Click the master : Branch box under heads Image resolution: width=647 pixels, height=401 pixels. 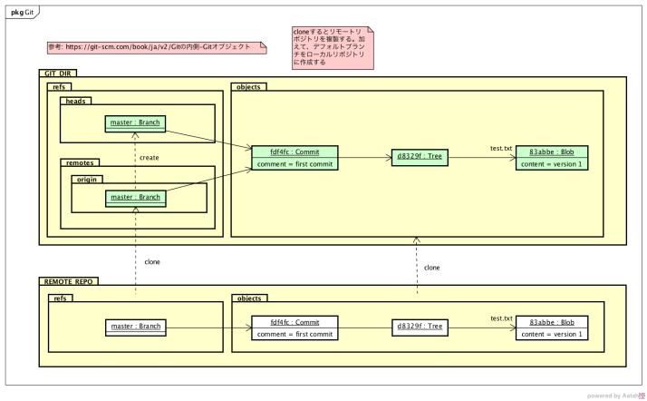coord(135,122)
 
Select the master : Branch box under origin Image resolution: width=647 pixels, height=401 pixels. coord(135,197)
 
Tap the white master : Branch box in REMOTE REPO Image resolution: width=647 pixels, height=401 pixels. coord(135,327)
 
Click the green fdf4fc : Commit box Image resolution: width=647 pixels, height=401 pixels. coord(296,156)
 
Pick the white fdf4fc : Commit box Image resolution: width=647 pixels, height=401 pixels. coord(296,327)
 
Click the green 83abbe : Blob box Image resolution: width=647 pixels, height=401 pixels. coord(551,156)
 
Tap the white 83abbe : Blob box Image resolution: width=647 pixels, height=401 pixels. coord(551,327)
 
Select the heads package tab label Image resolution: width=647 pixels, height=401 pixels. coord(74,102)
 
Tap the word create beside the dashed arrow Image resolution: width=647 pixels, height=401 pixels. coord(150,157)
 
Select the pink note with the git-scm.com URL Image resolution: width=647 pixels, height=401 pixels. coord(154,45)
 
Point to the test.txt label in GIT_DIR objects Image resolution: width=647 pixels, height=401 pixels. coord(501,148)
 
